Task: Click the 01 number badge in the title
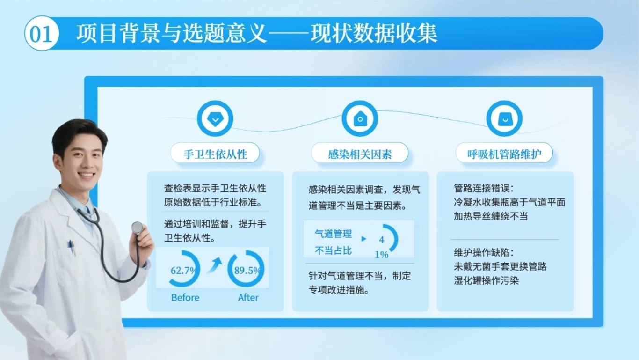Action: click(42, 33)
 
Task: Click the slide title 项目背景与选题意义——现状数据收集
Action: click(257, 34)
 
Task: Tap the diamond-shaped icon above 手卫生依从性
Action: click(215, 118)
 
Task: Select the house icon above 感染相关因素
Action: click(360, 118)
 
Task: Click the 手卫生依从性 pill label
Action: click(215, 154)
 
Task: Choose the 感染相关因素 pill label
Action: click(360, 154)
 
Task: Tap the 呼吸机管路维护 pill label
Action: click(504, 154)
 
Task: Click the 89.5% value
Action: click(247, 270)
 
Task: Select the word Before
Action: click(185, 297)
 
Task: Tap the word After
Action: click(248, 297)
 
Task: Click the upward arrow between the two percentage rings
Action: click(214, 265)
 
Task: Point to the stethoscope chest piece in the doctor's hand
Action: click(137, 228)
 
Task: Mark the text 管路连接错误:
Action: click(484, 188)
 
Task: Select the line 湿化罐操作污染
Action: click(486, 280)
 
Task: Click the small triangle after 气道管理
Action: click(363, 239)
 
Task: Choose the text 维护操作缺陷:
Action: click(484, 252)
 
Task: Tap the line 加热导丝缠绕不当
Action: click(491, 216)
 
